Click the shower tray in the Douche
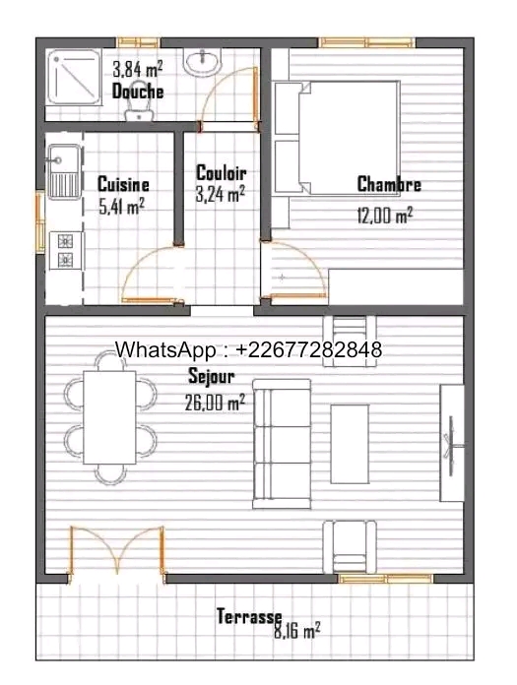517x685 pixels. tap(74, 77)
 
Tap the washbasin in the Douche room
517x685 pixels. tap(202, 61)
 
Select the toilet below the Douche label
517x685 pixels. tap(139, 101)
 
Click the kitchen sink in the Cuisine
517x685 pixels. tap(64, 171)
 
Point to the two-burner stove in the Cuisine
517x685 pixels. tap(66, 251)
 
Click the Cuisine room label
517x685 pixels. tap(123, 184)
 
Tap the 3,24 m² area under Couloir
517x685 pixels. tap(220, 194)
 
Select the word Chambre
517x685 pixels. tap(389, 184)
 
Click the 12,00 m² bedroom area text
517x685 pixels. tap(385, 215)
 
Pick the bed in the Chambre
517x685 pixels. tap(337, 138)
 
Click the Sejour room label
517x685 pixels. tap(211, 376)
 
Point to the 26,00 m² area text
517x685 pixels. tap(215, 402)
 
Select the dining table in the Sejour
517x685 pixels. tap(109, 417)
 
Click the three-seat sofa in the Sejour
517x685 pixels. tap(282, 444)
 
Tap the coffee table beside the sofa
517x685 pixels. tap(350, 444)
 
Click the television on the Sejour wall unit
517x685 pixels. tap(451, 446)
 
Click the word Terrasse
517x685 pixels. tap(249, 616)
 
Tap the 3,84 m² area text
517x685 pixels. tap(138, 69)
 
